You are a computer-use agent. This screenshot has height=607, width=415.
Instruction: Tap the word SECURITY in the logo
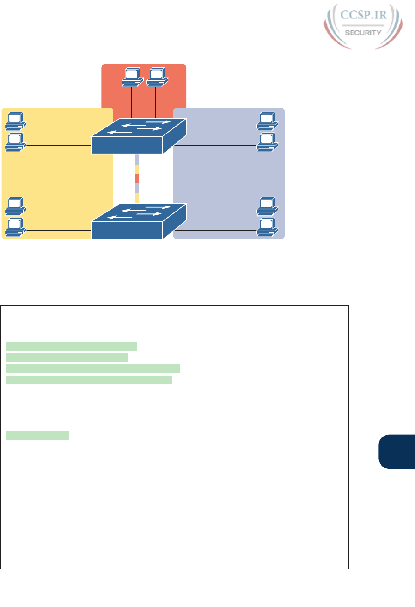coord(364,33)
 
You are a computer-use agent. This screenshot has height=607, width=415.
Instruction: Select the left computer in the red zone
coord(131,77)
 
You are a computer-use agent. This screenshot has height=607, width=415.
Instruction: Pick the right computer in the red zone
coord(156,77)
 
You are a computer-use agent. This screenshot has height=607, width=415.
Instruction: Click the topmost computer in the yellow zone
coord(15,120)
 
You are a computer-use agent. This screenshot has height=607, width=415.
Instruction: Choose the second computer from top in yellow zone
coord(15,141)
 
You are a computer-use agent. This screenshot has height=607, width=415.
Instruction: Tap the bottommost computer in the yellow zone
coord(15,226)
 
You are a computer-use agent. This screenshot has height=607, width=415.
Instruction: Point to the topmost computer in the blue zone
coord(267,120)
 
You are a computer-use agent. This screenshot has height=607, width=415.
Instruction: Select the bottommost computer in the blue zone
coord(267,226)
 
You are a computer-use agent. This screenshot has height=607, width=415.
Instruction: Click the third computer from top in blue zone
coord(267,206)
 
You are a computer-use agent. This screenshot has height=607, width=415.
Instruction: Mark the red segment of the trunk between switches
coord(137,179)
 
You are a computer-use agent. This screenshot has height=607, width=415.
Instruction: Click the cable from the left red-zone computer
coord(132,102)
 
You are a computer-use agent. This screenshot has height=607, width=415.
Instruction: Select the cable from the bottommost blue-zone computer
coord(222,230)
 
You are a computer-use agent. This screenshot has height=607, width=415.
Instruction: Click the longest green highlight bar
coord(93,368)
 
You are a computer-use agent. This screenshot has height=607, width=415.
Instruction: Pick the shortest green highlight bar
coord(37,436)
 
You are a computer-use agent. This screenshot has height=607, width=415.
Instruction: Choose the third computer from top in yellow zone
coord(15,206)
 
